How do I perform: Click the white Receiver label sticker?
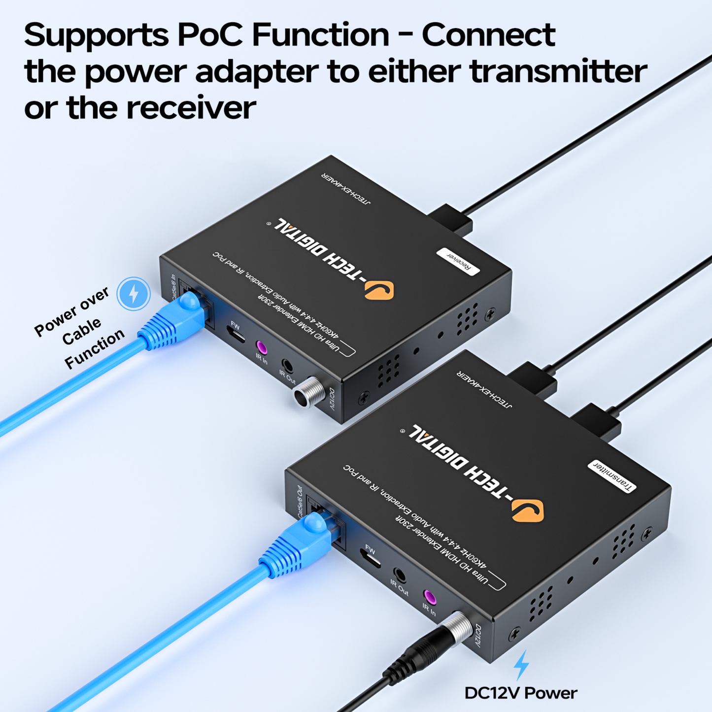click(458, 261)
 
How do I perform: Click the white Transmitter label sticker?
click(612, 476)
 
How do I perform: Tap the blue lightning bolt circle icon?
click(134, 294)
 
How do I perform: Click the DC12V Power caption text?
click(521, 693)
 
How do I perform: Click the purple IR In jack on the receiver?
click(261, 348)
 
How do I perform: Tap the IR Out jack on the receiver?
click(287, 366)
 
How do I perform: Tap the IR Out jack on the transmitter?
click(400, 576)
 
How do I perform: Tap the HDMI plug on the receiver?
click(451, 221)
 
